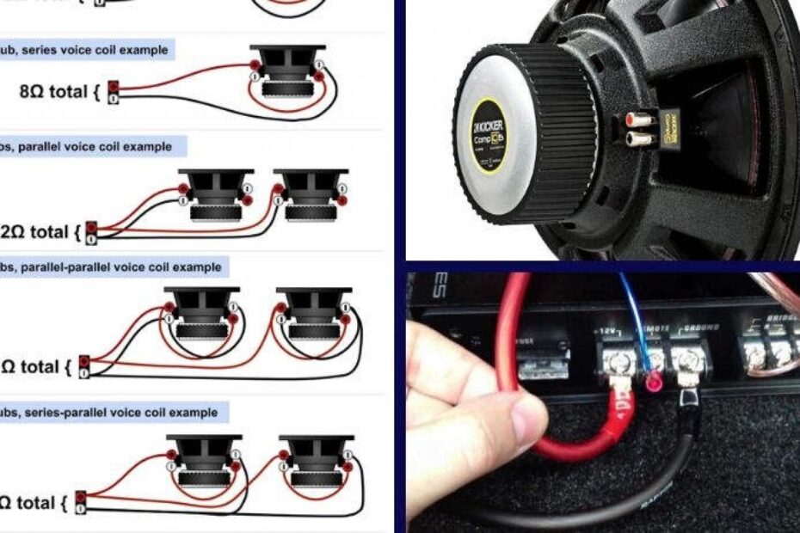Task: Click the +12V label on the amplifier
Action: click(x=608, y=330)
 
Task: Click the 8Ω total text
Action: click(x=54, y=90)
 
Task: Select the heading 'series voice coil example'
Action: click(x=86, y=50)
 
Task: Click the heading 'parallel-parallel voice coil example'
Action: click(x=112, y=267)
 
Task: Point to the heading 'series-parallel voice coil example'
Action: click(x=110, y=413)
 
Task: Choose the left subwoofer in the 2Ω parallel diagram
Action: click(x=215, y=195)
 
